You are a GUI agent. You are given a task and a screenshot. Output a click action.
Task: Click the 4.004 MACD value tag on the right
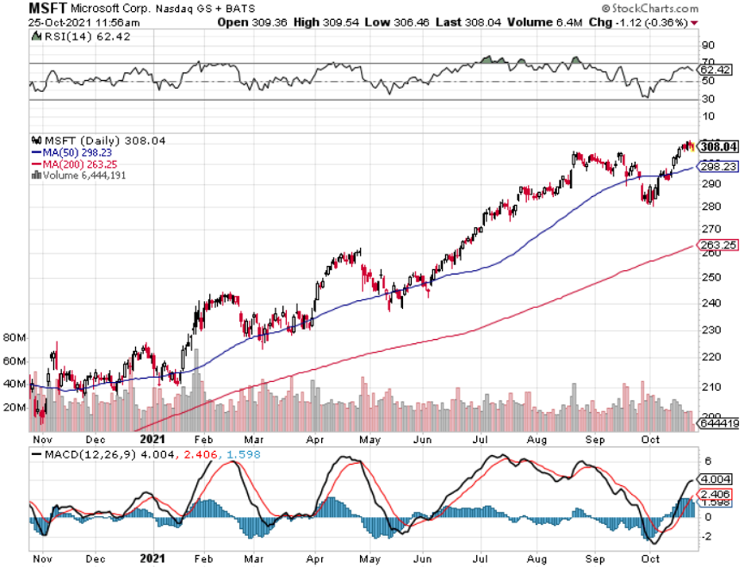coord(718,479)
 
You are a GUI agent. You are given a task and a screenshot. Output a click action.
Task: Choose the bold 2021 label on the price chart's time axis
coord(151,437)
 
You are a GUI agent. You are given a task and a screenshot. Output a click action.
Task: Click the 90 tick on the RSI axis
coord(705,44)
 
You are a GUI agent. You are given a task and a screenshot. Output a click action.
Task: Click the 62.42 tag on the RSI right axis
coord(718,69)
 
